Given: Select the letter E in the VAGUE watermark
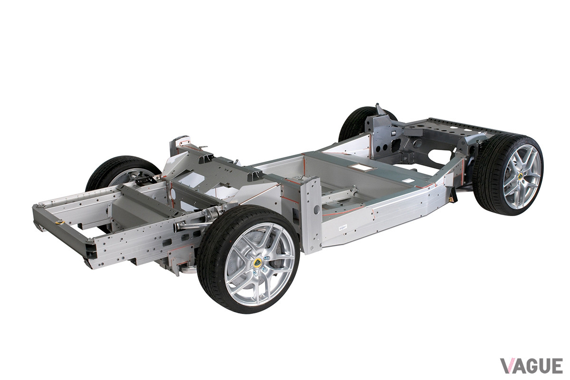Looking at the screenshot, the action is pos(556,366).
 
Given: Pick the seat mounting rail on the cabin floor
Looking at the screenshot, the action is pos(338,194).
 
